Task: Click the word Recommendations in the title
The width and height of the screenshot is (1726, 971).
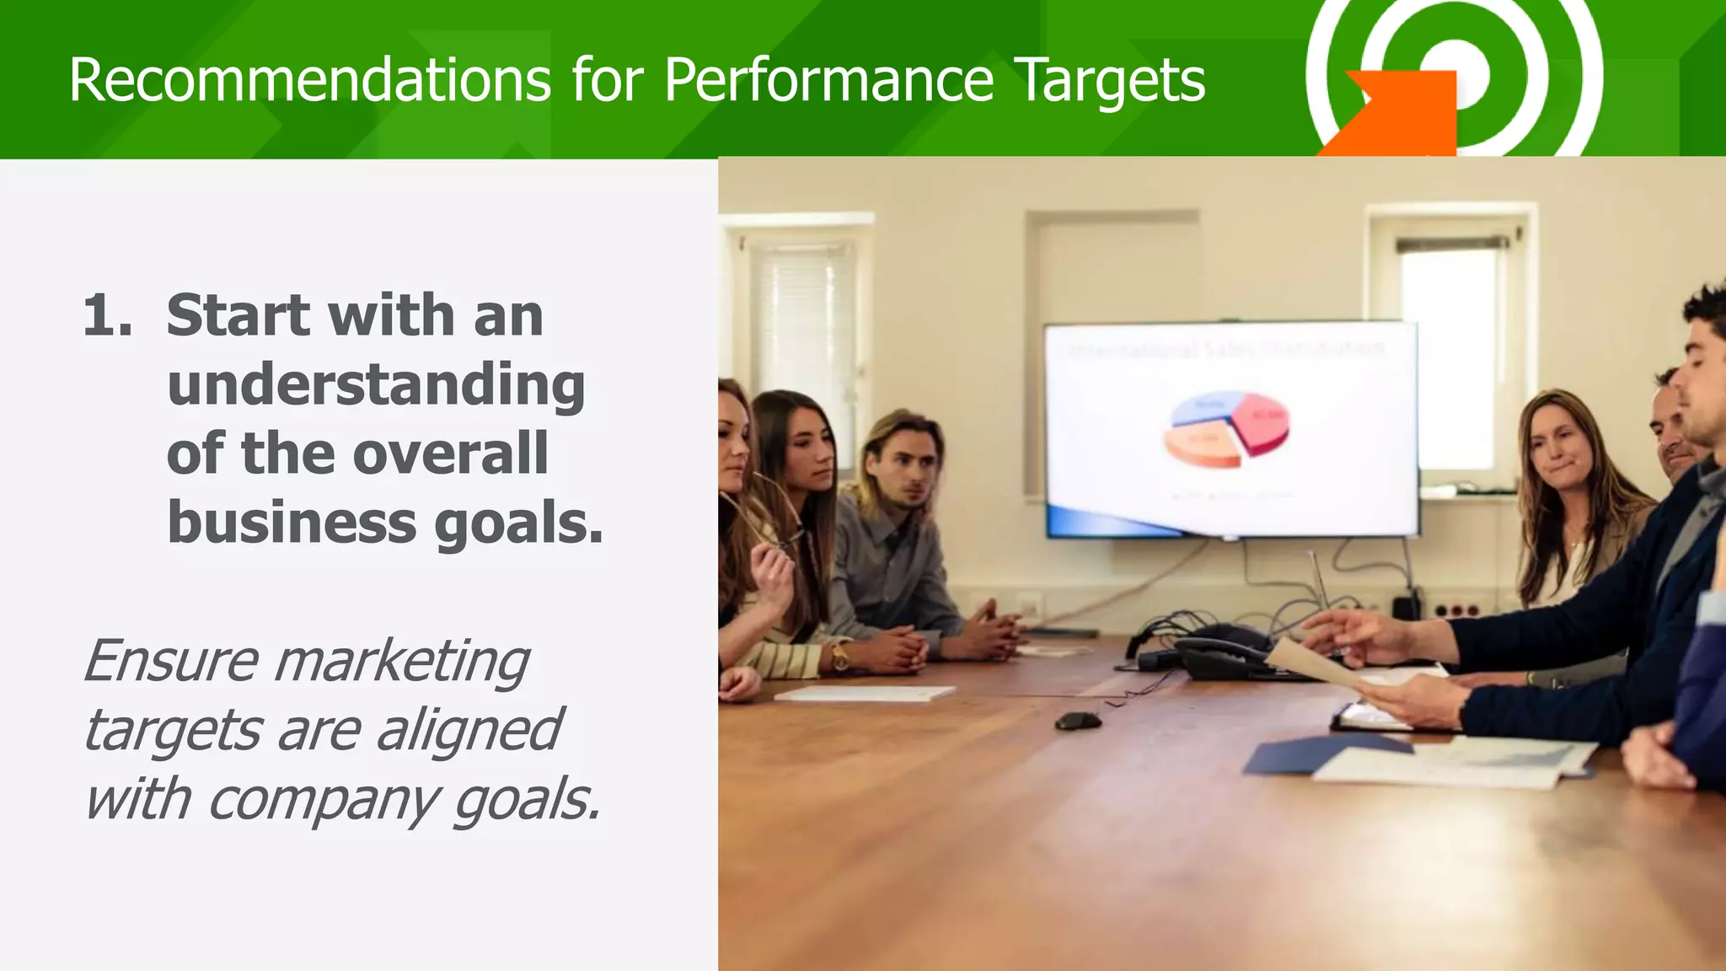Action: tap(309, 81)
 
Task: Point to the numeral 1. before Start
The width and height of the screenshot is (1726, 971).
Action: tap(107, 316)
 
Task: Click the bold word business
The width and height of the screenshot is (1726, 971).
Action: tap(292, 523)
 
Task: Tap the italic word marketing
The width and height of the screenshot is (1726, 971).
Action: tap(401, 661)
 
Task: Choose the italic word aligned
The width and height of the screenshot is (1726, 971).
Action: tap(468, 730)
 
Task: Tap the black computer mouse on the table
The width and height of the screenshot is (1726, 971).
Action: tap(1078, 722)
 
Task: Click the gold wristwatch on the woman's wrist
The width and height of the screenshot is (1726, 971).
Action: tap(839, 656)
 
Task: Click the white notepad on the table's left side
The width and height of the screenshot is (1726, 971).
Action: tap(864, 693)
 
